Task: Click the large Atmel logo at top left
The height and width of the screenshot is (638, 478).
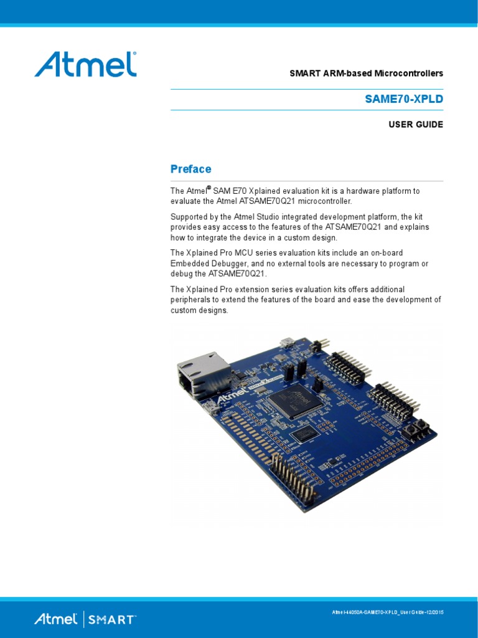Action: tap(85, 64)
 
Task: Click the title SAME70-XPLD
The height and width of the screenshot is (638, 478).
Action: tap(404, 99)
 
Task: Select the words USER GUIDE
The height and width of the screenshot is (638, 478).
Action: tap(416, 125)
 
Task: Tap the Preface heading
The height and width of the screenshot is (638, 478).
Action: tap(191, 169)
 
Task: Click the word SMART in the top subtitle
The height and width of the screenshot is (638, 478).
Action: tap(304, 74)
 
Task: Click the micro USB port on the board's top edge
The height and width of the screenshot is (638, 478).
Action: tap(288, 343)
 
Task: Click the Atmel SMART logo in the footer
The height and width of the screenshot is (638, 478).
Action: tap(85, 619)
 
